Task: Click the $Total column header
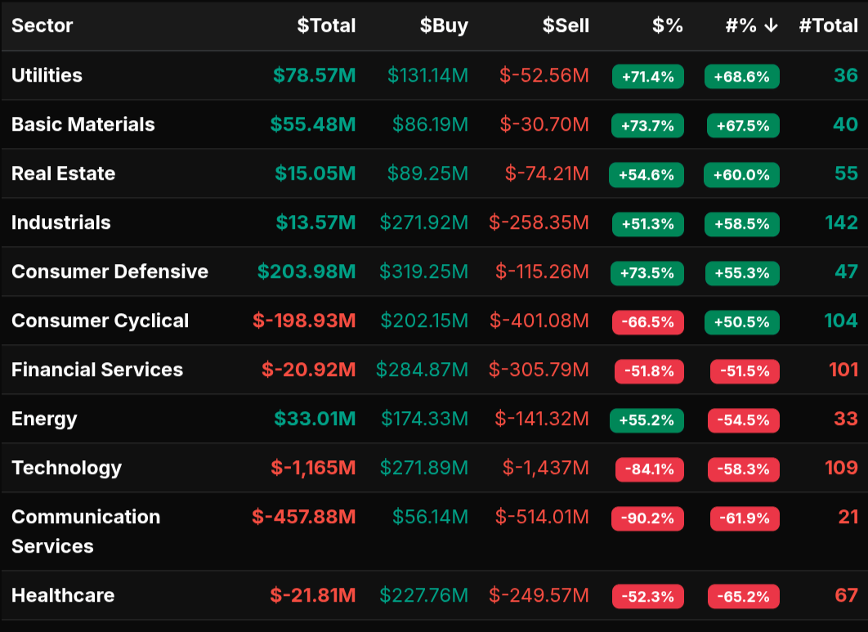[326, 25]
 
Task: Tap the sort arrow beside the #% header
[771, 25]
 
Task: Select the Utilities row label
[47, 75]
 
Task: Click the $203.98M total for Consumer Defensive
[306, 271]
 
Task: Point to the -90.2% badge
[647, 518]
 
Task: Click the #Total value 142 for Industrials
[841, 222]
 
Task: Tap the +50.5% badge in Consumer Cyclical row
[741, 322]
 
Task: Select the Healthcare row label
[63, 595]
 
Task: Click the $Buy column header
[444, 25]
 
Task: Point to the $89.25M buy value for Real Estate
[427, 173]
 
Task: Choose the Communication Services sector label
[86, 531]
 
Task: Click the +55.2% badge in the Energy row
[647, 420]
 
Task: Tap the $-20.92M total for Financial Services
[308, 370]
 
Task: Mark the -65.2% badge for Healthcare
[743, 597]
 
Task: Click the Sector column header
[43, 25]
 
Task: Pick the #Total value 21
[848, 517]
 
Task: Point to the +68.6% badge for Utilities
[741, 77]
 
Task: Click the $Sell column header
[566, 25]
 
